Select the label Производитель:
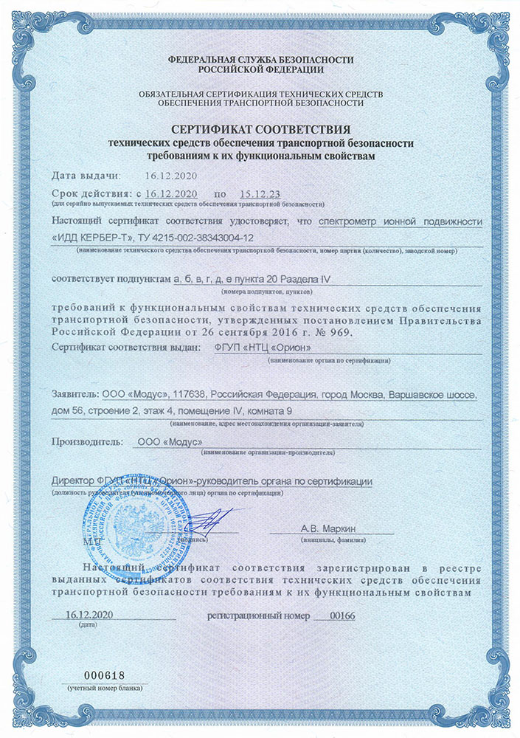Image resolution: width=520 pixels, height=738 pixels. [84, 441]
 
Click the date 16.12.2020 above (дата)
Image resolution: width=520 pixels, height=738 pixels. [88, 614]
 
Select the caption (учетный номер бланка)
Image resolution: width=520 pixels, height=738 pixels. [103, 688]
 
